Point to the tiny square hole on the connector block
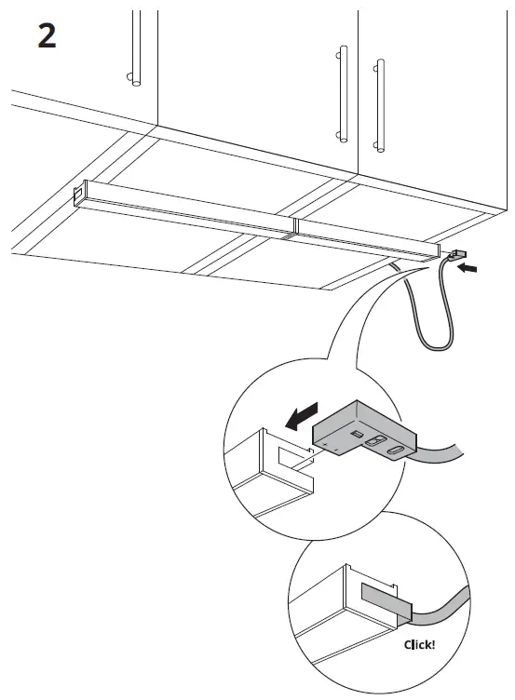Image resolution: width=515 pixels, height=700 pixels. tap(355, 434)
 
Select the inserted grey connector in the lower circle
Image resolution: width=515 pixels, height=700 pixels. tap(382, 599)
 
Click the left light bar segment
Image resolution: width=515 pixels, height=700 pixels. tap(186, 209)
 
